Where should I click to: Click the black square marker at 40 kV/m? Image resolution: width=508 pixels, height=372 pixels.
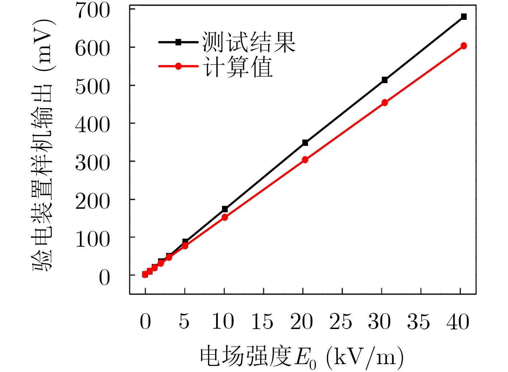pyautogui.click(x=464, y=16)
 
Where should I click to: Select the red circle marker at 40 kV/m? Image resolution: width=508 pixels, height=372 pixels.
pyautogui.click(x=464, y=46)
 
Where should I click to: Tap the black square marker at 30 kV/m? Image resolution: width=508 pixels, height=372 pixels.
pyautogui.click(x=385, y=80)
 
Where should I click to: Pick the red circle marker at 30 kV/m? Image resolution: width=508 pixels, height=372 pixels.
pyautogui.click(x=385, y=103)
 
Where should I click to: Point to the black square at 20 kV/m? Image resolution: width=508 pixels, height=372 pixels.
pyautogui.click(x=305, y=143)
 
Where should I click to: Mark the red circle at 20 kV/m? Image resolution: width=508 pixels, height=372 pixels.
pyautogui.click(x=305, y=160)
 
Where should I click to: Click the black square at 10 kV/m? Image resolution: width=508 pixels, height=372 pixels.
pyautogui.click(x=225, y=209)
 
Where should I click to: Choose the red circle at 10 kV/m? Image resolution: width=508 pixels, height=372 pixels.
pyautogui.click(x=225, y=217)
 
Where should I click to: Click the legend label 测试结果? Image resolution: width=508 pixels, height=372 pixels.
pyautogui.click(x=248, y=42)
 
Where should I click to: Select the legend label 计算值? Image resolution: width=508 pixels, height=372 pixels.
pyautogui.click(x=238, y=67)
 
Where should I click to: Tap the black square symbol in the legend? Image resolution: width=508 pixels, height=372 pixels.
pyautogui.click(x=178, y=42)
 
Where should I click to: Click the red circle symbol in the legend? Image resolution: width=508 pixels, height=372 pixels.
pyautogui.click(x=178, y=66)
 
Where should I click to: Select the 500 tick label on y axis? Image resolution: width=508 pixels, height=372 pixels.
pyautogui.click(x=92, y=87)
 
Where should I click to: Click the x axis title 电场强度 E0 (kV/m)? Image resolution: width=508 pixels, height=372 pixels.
pyautogui.click(x=302, y=357)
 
